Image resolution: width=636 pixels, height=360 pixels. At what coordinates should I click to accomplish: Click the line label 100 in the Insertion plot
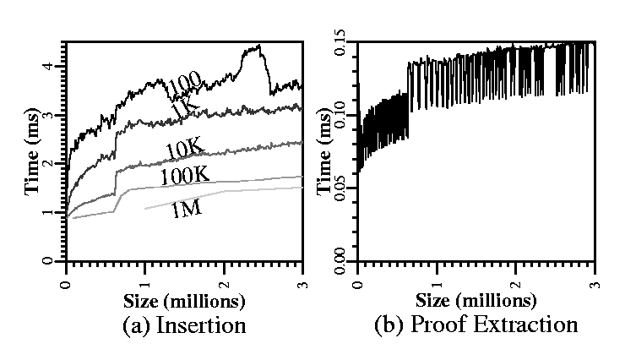click(183, 85)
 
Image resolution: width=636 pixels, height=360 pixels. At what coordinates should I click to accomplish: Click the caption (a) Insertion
click(184, 325)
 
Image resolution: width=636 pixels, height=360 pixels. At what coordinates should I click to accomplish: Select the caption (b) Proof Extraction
click(477, 325)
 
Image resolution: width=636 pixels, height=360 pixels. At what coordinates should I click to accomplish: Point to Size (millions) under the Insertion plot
click(184, 300)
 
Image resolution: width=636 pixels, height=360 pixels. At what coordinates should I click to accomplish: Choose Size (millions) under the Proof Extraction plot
click(477, 300)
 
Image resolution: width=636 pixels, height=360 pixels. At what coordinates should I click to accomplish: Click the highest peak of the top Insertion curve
click(259, 46)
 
